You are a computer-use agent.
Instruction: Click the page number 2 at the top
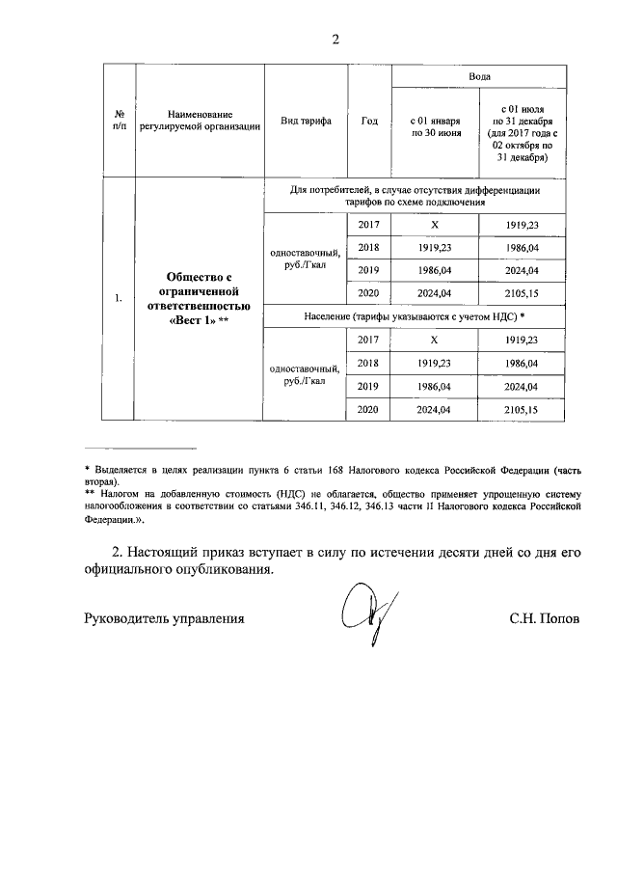pos(335,40)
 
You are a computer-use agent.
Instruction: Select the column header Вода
pos(480,75)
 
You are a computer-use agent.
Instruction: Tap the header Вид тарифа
pos(306,121)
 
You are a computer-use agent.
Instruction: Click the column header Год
pos(369,121)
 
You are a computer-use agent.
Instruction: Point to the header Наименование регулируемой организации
pos(199,121)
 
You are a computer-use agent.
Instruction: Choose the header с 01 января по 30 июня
pos(435,127)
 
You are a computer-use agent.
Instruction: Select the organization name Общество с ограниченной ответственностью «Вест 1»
pos(199,299)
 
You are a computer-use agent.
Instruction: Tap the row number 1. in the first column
pos(118,299)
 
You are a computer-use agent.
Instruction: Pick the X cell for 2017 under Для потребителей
pos(435,225)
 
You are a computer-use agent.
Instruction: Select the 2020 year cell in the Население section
pos(369,410)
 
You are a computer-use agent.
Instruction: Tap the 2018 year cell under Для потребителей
pos(369,248)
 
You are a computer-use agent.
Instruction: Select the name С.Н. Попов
pos(545,617)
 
